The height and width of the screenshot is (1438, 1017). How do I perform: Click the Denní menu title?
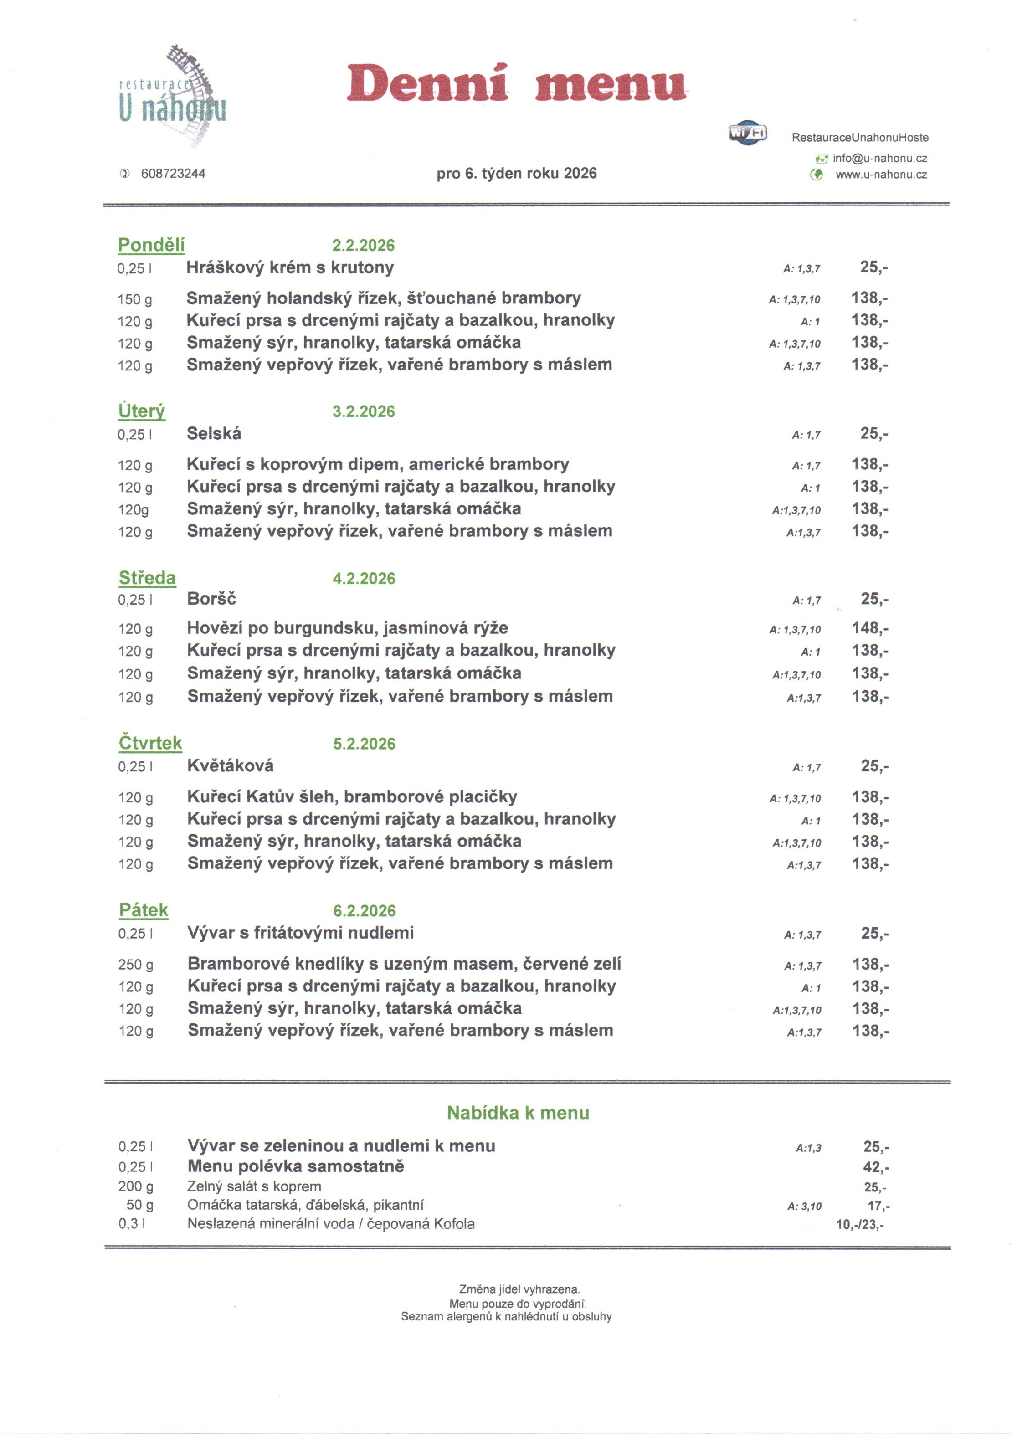tap(517, 83)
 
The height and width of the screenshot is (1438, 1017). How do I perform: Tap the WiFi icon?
tap(748, 133)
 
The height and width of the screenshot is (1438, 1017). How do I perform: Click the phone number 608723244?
tap(173, 174)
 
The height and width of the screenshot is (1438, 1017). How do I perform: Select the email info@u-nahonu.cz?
tap(879, 159)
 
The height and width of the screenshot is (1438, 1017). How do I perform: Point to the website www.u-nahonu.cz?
tap(881, 175)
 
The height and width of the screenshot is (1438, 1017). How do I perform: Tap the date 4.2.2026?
tap(364, 578)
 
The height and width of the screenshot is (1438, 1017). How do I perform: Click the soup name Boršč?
tap(212, 599)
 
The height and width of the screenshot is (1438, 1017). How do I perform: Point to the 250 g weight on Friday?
tap(135, 965)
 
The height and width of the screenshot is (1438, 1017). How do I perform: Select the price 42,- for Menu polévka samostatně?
tap(875, 1167)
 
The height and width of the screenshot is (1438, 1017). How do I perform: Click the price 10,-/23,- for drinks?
tap(860, 1224)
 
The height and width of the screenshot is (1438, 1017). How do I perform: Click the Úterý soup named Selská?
tap(214, 433)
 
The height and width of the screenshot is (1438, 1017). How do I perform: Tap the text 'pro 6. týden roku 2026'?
tap(517, 174)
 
